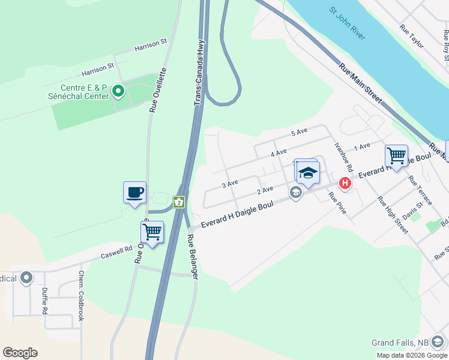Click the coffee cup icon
134,193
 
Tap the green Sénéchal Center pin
118,92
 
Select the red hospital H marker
345,183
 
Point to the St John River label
347,24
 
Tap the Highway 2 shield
178,202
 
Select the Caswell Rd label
116,251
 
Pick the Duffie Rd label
44,300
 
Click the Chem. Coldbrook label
81,295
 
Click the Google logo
20,353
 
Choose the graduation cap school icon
307,173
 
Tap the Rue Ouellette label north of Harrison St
158,90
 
